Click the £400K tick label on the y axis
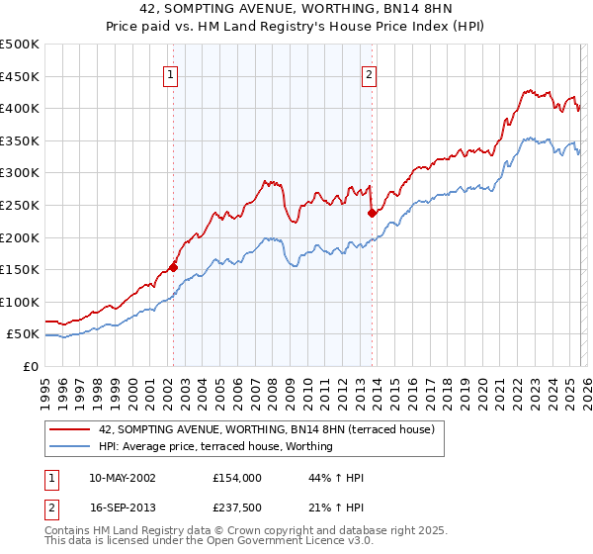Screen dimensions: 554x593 (x=20, y=109)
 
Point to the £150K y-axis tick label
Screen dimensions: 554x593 (x=20, y=269)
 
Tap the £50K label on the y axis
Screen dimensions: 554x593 (x=23, y=334)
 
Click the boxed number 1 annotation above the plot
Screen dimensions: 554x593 (x=171, y=73)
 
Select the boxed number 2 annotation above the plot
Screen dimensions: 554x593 (x=369, y=73)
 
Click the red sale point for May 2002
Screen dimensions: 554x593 (x=173, y=266)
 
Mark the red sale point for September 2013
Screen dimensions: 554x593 (x=372, y=213)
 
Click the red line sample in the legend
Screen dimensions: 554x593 (x=69, y=430)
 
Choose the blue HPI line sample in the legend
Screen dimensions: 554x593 (x=69, y=447)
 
